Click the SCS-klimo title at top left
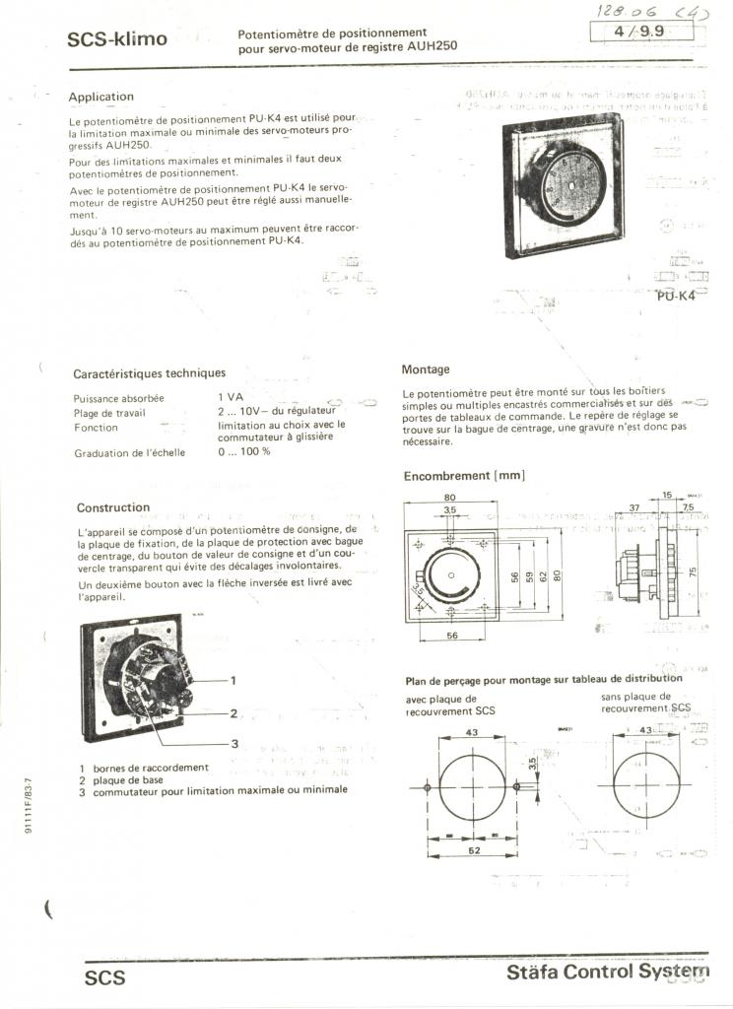point(117,39)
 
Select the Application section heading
point(100,97)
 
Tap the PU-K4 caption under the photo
point(675,296)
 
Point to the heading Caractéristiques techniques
point(149,373)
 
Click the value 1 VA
point(231,398)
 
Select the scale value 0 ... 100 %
point(243,452)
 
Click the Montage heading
point(426,370)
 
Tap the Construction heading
point(113,507)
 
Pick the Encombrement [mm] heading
point(464,476)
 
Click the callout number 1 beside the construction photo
point(233,680)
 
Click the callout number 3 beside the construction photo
point(235,743)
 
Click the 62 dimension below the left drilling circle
point(472,851)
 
